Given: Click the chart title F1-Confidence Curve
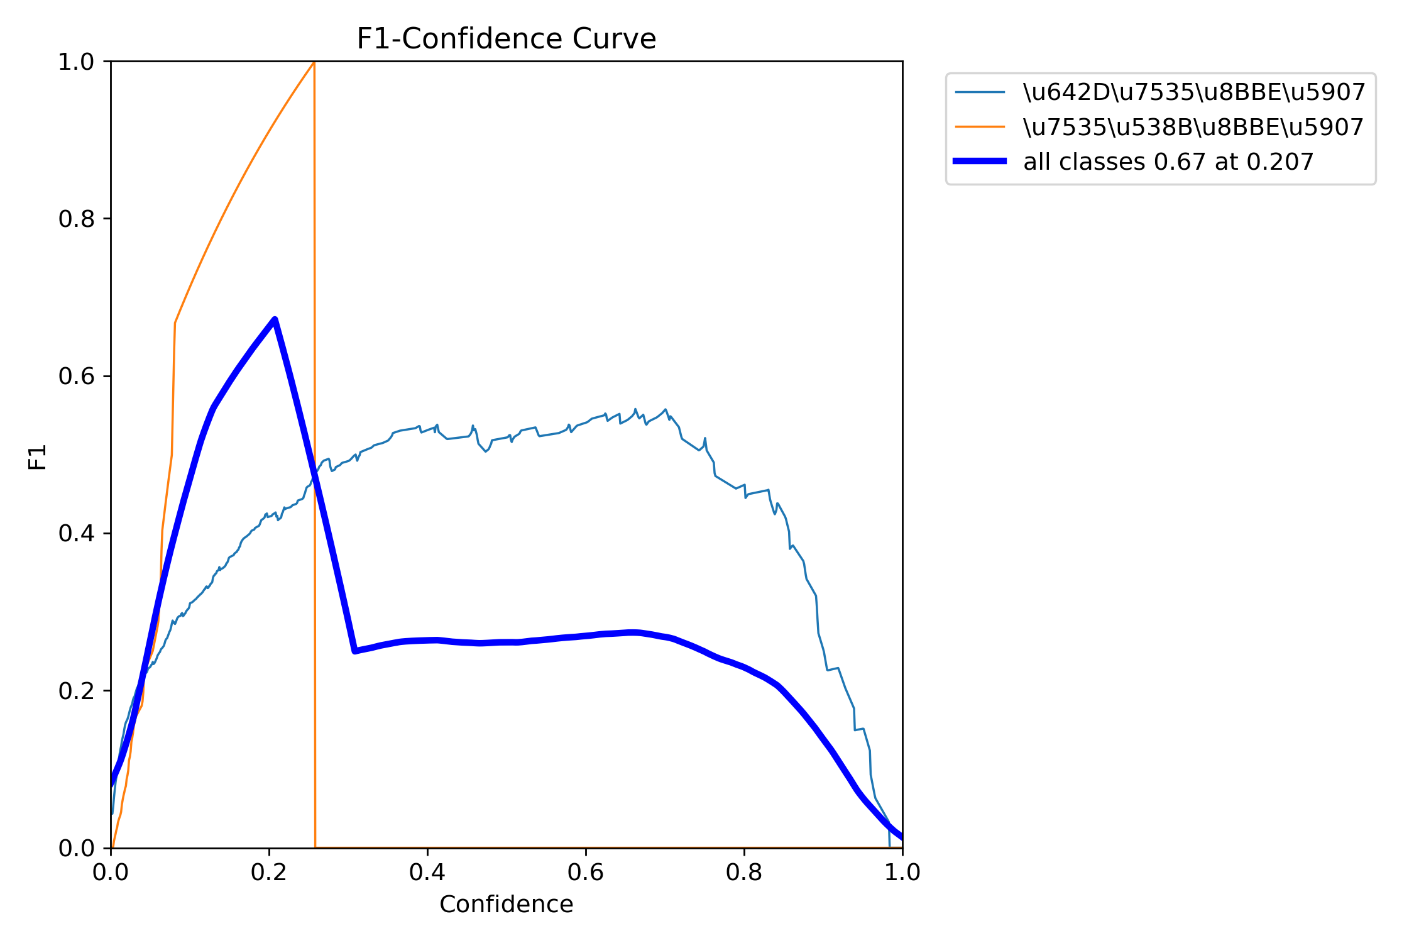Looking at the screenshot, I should coord(506,39).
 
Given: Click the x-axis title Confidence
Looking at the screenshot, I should coord(506,904).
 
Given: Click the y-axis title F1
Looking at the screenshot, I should coord(38,456).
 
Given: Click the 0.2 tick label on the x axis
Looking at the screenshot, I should coord(269,873).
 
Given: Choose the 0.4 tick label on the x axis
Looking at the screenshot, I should coord(427,873).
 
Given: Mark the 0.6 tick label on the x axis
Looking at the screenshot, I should coord(586,873).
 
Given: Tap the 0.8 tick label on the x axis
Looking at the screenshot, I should coord(744,873).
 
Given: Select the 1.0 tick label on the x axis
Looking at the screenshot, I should coord(902,873).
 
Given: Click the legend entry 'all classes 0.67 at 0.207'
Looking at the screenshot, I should coord(1168,162).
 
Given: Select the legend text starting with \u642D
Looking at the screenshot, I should coord(1194,92).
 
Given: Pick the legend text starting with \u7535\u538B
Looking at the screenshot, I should coord(1193,127).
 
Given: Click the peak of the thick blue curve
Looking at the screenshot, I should coord(275,319).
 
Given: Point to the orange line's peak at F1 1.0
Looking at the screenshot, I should coord(314,62).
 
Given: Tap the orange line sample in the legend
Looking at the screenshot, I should coord(980,127).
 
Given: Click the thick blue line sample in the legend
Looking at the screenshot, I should coord(980,162).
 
